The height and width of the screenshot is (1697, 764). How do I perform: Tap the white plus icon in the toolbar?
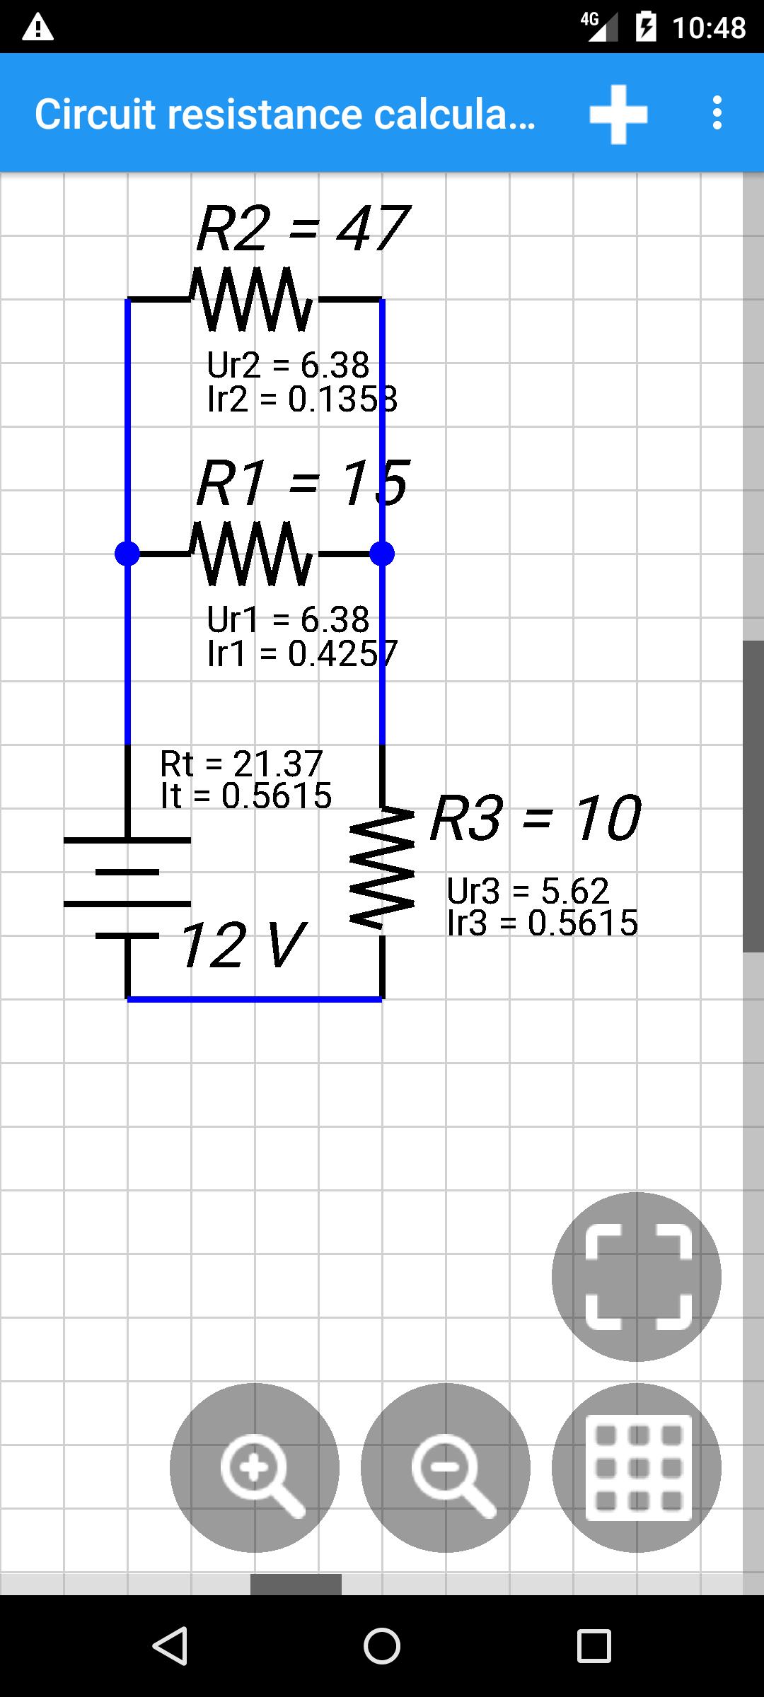[618, 115]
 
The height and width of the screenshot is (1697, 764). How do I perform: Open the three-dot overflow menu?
[717, 113]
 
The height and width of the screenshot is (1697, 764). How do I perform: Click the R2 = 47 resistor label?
[303, 228]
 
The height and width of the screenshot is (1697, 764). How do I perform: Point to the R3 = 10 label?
[536, 818]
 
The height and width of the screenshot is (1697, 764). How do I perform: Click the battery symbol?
[127, 888]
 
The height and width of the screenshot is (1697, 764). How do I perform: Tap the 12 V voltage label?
[243, 945]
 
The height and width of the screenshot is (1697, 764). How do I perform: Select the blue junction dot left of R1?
[127, 554]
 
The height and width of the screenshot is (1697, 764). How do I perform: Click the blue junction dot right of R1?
[382, 554]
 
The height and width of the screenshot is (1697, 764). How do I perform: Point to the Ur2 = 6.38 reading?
[289, 366]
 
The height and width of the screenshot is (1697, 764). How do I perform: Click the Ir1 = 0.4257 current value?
[303, 653]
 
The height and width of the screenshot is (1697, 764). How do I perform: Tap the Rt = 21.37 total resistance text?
[242, 764]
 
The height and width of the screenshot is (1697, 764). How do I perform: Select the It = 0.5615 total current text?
[246, 796]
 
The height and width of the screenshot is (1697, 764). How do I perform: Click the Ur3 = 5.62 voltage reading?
[528, 891]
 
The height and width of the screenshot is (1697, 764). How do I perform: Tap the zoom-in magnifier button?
[255, 1468]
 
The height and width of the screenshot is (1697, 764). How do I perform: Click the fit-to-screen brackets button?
[637, 1277]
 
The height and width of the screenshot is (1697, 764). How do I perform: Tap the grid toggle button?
[637, 1468]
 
